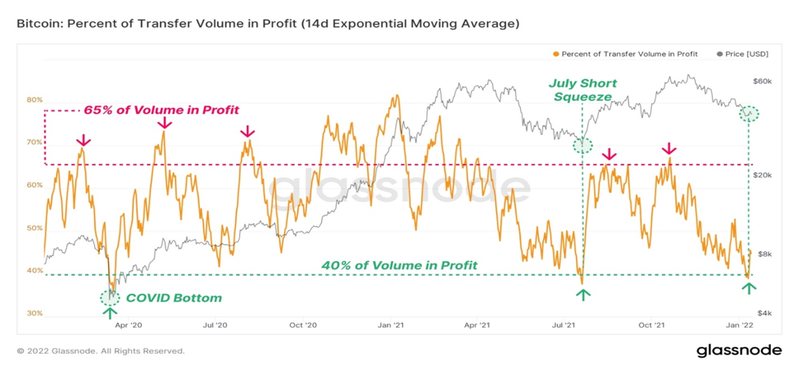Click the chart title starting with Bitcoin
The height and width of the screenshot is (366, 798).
[268, 25]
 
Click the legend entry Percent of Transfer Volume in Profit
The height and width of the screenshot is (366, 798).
[625, 53]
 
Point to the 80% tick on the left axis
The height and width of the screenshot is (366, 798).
[35, 100]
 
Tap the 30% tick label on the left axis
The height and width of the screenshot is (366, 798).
[35, 314]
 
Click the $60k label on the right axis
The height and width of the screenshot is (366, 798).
[762, 81]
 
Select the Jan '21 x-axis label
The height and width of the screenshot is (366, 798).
[392, 324]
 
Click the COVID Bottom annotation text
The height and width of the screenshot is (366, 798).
[174, 298]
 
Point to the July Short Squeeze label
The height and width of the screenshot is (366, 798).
[582, 90]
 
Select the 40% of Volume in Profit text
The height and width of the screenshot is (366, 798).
[400, 264]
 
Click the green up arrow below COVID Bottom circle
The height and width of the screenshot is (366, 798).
[110, 313]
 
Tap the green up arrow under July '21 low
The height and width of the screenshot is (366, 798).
[583, 295]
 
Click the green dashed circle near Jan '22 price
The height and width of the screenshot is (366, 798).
[749, 114]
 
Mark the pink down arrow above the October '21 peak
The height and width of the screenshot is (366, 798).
[669, 149]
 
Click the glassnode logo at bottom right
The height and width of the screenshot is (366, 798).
[739, 350]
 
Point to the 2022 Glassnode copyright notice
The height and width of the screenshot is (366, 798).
[101, 350]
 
